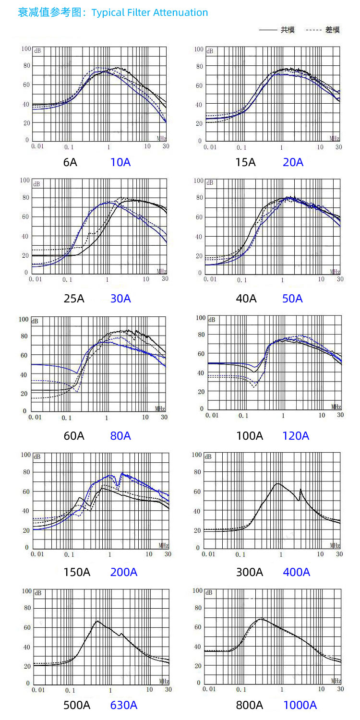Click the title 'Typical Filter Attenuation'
(150, 12)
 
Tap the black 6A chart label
(70, 162)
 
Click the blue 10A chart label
(120, 162)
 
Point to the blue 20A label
(293, 162)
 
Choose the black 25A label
(74, 298)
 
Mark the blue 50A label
(292, 298)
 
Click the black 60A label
(74, 435)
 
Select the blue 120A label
(296, 435)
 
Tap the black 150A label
(77, 572)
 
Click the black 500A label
(77, 705)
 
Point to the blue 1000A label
(300, 705)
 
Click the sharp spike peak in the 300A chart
(300, 489)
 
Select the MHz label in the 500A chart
(163, 681)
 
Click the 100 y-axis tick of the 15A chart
(198, 49)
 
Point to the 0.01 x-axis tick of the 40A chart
(210, 279)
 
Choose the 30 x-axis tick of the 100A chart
(339, 415)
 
